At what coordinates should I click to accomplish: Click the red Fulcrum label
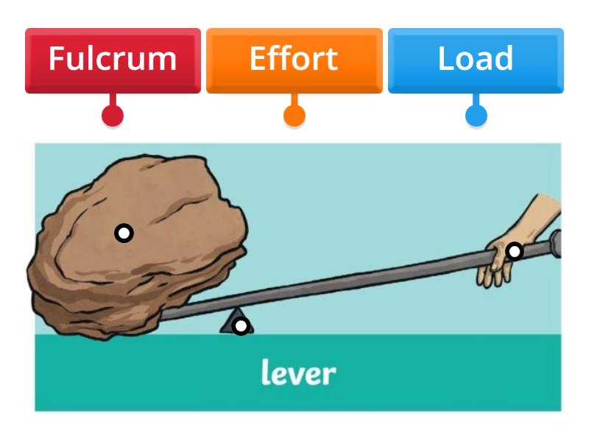113,60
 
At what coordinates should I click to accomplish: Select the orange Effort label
294,60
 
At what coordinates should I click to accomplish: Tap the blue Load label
476,60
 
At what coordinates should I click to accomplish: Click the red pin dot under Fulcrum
113,116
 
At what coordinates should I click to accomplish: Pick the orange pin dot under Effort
294,116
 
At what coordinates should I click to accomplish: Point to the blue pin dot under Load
476,116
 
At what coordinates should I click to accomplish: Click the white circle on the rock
124,234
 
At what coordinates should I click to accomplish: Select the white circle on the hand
515,252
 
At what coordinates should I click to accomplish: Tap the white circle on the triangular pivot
240,326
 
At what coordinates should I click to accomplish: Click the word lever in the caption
298,373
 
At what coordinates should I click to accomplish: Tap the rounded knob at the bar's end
555,242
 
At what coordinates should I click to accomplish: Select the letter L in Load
445,59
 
